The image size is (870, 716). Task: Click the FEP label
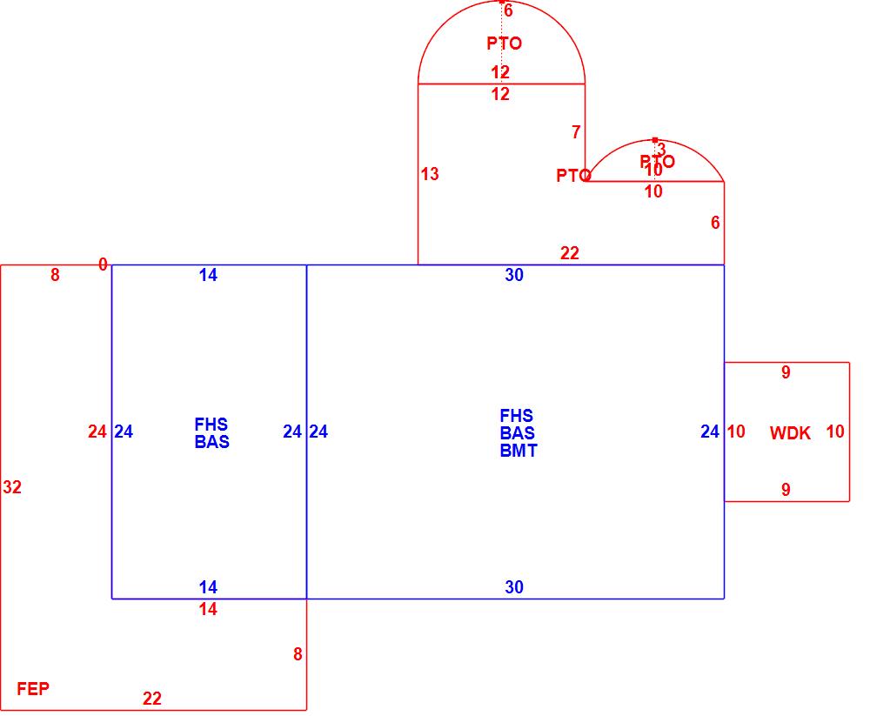point(33,689)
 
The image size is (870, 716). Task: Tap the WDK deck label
point(790,432)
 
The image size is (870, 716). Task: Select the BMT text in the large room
point(519,451)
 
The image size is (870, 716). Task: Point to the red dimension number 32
point(12,487)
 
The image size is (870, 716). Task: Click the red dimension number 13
point(430,174)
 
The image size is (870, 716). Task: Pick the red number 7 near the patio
point(576,132)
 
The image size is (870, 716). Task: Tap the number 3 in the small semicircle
point(661,150)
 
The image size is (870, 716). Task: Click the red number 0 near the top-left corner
point(103,264)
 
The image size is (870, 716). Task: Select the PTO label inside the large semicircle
point(505,43)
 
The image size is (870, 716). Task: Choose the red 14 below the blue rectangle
point(208,610)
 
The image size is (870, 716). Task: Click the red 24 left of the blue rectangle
point(97,432)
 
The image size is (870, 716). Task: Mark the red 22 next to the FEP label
point(152,698)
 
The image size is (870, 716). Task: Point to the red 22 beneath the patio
point(570,253)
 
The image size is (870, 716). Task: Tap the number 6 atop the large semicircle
point(508,11)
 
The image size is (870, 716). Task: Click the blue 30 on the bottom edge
point(514,587)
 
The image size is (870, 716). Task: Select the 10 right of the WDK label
point(835,432)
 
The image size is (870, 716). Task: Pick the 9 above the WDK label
point(786,372)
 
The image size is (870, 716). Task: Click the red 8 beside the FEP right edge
point(298,654)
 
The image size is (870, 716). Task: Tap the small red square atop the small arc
point(655,139)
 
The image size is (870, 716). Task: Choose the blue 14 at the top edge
point(208,275)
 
